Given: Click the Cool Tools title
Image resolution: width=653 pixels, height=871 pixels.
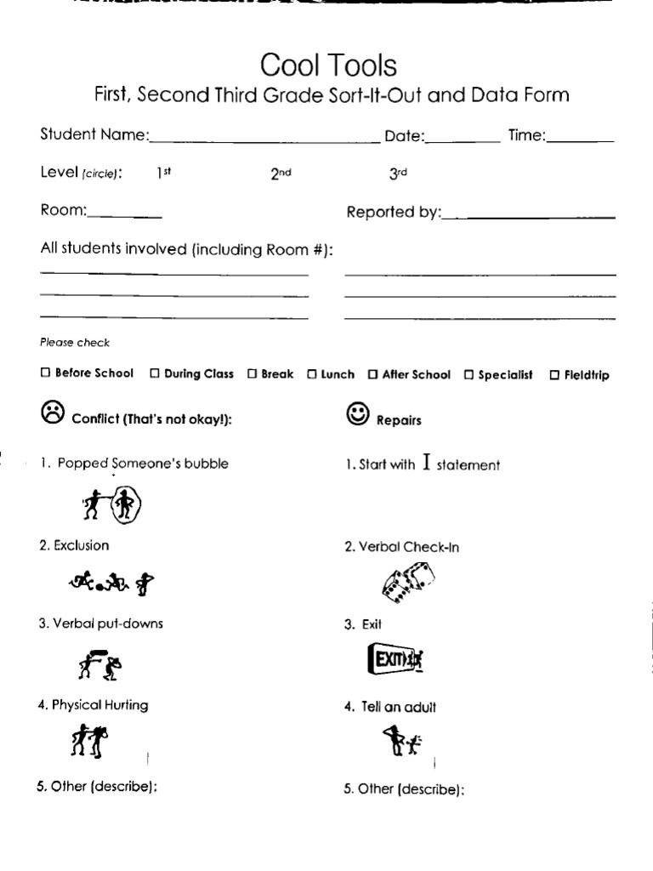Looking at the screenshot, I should pos(328,65).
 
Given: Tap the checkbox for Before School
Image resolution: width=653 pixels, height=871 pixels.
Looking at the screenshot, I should pos(45,373).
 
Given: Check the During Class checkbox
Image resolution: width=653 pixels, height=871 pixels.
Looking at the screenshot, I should pos(155,373).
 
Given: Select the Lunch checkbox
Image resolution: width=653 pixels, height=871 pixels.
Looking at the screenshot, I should pos(312,373).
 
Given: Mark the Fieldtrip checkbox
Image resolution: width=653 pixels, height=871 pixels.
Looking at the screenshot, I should pos(554,374).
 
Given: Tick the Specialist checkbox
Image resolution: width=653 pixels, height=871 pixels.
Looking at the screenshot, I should pos(469,373).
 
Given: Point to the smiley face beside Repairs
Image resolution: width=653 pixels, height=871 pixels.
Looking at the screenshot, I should pos(358,414).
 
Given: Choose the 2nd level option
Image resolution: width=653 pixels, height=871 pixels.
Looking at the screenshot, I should pos(281,173).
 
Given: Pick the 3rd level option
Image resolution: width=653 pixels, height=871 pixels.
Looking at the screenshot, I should pos(398,173).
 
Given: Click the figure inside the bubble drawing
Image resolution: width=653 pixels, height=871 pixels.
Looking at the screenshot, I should pos(125,507).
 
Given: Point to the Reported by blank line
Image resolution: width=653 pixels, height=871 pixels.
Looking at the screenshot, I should pos(529,218).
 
